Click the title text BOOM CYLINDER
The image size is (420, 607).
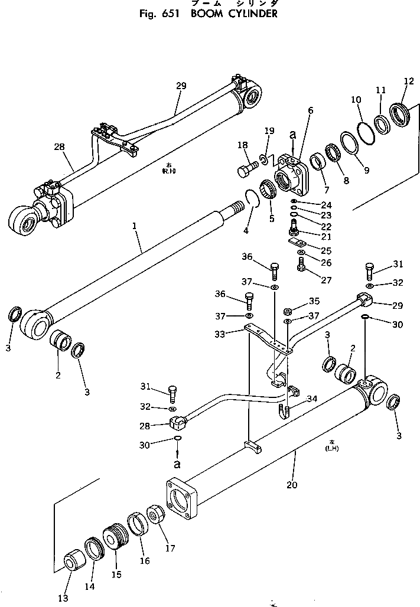click(235, 13)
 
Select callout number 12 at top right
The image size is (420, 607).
click(409, 81)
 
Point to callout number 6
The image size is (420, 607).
click(310, 110)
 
